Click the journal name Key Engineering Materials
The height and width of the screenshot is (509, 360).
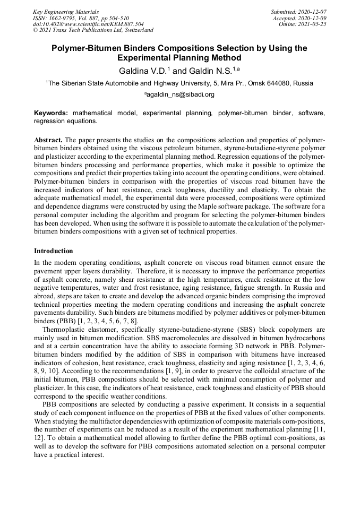click(66, 11)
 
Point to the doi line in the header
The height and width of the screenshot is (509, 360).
click(88, 24)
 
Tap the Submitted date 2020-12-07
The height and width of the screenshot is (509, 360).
click(313, 11)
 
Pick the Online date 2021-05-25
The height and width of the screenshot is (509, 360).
click(314, 24)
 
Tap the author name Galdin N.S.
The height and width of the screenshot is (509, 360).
click(202, 70)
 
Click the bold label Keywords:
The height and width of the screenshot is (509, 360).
click(51, 113)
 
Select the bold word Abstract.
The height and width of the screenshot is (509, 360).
click(48, 140)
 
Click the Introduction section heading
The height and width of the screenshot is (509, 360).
click(54, 251)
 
